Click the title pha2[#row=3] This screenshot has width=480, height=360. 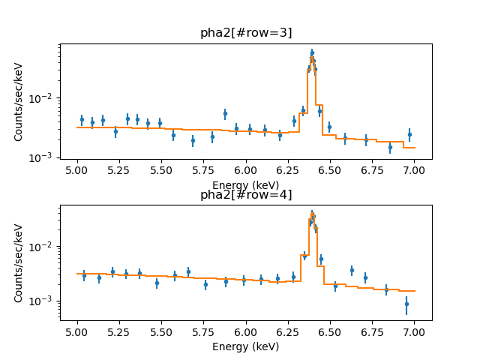(x=245, y=33)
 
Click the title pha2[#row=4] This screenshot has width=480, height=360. (x=245, y=195)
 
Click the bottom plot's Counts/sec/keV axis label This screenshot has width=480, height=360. (x=19, y=263)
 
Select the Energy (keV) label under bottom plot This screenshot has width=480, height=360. (x=245, y=346)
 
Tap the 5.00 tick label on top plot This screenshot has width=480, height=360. (x=77, y=171)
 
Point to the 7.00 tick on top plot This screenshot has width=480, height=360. (x=414, y=171)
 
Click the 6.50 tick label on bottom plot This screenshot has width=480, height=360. (x=330, y=332)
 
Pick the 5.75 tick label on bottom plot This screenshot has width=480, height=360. (x=204, y=332)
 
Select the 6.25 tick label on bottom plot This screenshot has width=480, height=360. (x=288, y=332)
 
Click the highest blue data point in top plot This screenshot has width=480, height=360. (x=312, y=53)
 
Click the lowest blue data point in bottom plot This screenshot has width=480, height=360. (x=406, y=304)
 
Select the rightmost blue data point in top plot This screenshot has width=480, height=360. (x=409, y=134)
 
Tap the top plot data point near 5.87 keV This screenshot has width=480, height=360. (x=225, y=114)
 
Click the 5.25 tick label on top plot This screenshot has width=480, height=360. (x=119, y=171)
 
